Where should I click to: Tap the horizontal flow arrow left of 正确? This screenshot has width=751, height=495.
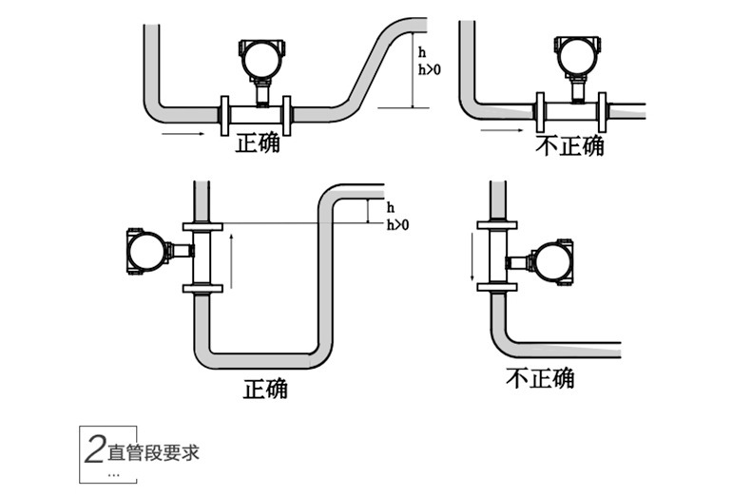[183, 134]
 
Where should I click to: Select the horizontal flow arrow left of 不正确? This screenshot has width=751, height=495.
[502, 131]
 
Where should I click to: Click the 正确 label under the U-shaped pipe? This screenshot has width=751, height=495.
[265, 388]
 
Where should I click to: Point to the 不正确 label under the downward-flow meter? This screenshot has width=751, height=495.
[539, 377]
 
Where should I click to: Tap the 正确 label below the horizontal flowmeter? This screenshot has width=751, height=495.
[258, 144]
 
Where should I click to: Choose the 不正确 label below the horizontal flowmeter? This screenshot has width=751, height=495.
[569, 145]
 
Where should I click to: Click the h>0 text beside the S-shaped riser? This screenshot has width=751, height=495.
[430, 68]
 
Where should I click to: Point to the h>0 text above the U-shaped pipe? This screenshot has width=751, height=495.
[397, 224]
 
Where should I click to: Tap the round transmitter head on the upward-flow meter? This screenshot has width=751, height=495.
[145, 252]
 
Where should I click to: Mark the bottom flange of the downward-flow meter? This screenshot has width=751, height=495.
[497, 287]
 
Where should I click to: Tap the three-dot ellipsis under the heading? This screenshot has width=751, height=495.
[115, 472]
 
